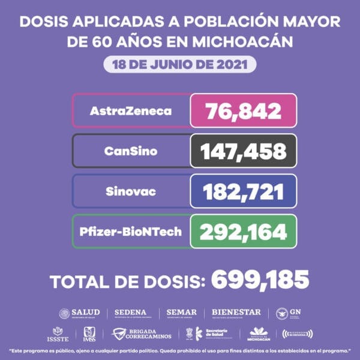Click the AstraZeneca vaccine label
click(x=131, y=110)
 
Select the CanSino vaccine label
click(x=131, y=151)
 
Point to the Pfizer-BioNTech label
click(x=131, y=231)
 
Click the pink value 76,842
click(x=243, y=110)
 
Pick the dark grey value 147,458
click(x=243, y=151)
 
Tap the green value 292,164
click(x=243, y=231)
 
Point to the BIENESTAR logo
click(x=236, y=313)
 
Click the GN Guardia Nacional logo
click(x=288, y=313)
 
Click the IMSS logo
click(x=88, y=334)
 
